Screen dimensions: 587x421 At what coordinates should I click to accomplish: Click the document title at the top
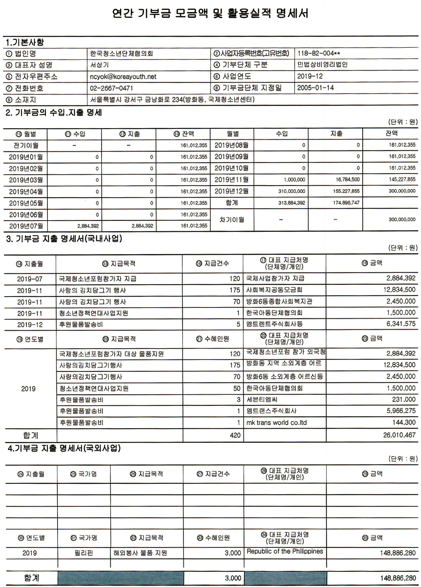(x=210, y=14)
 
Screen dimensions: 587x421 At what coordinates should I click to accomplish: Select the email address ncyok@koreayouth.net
(x=123, y=76)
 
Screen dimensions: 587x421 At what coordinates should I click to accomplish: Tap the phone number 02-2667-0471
(x=111, y=88)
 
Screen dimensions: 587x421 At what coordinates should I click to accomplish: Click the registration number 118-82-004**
(x=318, y=54)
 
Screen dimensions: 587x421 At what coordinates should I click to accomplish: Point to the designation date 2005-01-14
(x=315, y=88)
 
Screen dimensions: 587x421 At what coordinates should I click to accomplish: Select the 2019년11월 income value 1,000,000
(x=294, y=180)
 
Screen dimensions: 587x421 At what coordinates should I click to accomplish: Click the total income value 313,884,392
(x=292, y=203)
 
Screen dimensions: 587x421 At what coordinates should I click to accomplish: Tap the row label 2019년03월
(x=26, y=180)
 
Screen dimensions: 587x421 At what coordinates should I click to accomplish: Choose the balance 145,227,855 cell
(x=402, y=180)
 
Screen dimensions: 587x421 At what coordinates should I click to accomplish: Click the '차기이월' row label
(x=232, y=220)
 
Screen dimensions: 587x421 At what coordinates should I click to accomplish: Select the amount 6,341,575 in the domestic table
(x=401, y=324)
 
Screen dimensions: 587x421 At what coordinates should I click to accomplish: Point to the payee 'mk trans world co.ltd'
(x=276, y=422)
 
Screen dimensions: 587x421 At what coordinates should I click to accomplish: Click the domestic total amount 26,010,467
(x=399, y=435)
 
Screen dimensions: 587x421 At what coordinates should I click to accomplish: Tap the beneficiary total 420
(x=235, y=435)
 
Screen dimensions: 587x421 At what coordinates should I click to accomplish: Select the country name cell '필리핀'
(x=84, y=553)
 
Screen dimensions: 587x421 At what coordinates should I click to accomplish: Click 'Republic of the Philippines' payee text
(x=285, y=551)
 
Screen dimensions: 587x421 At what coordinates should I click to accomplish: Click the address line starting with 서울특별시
(x=172, y=100)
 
